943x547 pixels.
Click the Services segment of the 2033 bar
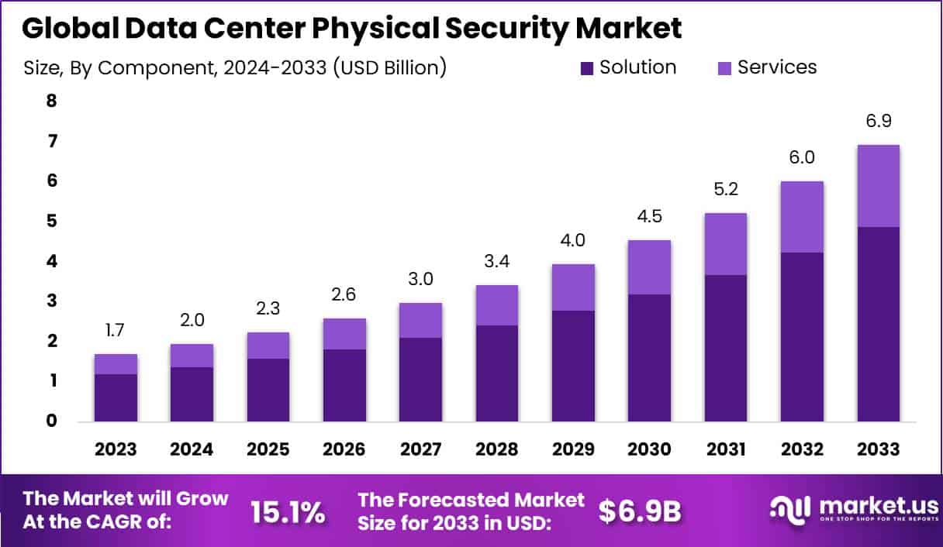878,186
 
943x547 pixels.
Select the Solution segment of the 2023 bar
116,397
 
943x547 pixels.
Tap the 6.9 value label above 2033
878,122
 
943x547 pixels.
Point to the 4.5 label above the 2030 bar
649,216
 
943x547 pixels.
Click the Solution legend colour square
588,68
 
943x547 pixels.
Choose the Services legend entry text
776,67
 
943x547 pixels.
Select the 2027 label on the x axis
420,449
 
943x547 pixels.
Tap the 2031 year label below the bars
726,449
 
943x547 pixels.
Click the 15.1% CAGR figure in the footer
287,511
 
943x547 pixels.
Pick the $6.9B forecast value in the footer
640,511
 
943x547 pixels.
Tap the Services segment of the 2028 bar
496,305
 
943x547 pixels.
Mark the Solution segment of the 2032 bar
802,336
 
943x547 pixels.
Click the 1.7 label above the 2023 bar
116,331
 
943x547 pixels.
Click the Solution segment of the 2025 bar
268,390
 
